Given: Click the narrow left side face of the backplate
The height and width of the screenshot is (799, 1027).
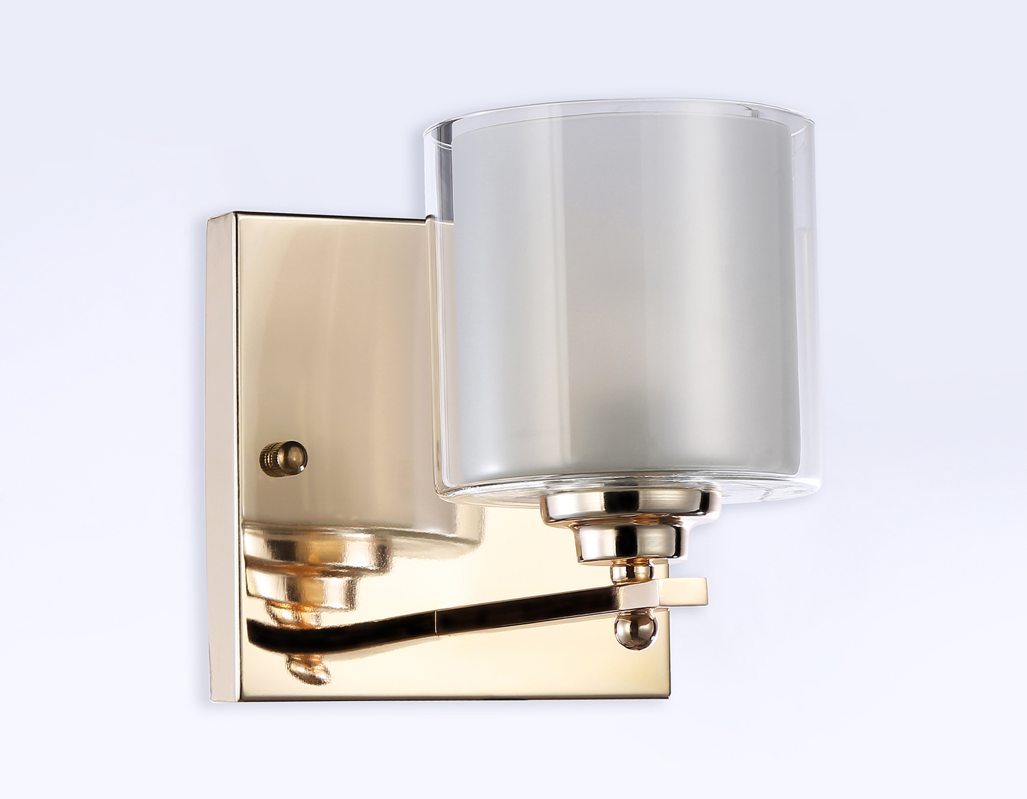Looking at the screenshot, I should [x=220, y=457].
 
